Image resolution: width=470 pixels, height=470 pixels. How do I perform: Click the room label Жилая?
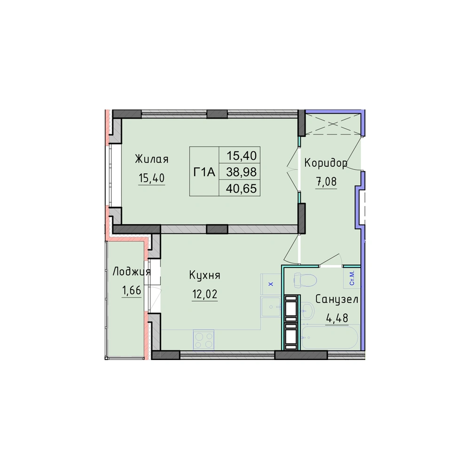point(152,159)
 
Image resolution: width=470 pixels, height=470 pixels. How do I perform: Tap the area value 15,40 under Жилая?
point(152,178)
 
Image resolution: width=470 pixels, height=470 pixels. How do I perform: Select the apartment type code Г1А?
point(204,172)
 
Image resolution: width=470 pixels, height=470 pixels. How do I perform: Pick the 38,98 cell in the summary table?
point(241,172)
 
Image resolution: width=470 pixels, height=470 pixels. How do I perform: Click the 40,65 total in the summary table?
point(241,188)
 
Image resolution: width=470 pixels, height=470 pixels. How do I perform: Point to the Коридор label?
point(326,163)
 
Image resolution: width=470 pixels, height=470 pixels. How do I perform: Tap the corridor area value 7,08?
point(326,181)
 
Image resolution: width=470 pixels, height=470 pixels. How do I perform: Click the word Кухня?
point(205,275)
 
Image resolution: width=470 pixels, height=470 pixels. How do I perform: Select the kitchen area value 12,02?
point(205,294)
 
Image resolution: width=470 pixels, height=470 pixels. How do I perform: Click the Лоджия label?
point(131,272)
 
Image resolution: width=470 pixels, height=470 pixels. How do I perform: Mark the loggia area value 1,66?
point(131,290)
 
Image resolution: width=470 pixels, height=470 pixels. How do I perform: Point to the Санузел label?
point(337,299)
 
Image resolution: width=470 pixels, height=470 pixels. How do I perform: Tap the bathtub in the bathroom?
point(330,337)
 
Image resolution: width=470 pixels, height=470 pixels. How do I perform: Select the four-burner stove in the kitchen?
point(204,340)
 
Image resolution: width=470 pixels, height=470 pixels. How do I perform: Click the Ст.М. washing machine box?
point(352,278)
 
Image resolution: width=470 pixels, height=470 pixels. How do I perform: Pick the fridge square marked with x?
point(271,284)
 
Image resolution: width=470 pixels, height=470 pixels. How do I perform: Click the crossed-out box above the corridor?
point(333,124)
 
